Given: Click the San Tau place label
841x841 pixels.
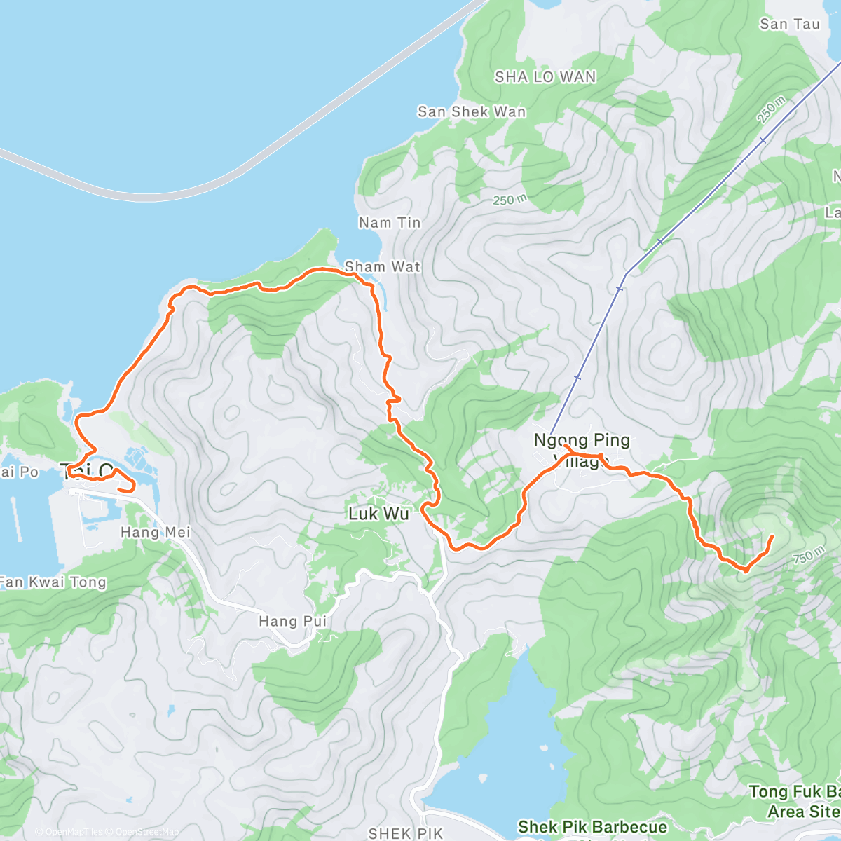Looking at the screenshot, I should pyautogui.click(x=789, y=24).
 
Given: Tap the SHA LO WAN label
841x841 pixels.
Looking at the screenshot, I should pyautogui.click(x=545, y=77).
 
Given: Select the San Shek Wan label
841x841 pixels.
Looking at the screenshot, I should pyautogui.click(x=472, y=111).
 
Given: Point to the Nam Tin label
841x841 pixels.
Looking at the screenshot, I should pyautogui.click(x=390, y=223).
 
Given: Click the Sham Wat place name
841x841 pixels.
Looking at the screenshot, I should pyautogui.click(x=383, y=267).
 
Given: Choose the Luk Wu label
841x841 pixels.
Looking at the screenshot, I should pyautogui.click(x=378, y=514).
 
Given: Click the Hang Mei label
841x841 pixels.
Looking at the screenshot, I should pyautogui.click(x=156, y=533).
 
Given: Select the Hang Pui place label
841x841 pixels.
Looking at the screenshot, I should pyautogui.click(x=293, y=621).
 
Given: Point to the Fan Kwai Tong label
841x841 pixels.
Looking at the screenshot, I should pyautogui.click(x=53, y=582).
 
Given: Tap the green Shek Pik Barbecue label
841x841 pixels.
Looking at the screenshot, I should pyautogui.click(x=592, y=827).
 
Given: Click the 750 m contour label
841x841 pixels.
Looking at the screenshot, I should pyautogui.click(x=808, y=557).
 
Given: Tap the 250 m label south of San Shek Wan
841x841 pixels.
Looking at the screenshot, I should pyautogui.click(x=510, y=200).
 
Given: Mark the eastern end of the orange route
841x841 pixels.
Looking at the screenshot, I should pyautogui.click(x=772, y=537).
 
